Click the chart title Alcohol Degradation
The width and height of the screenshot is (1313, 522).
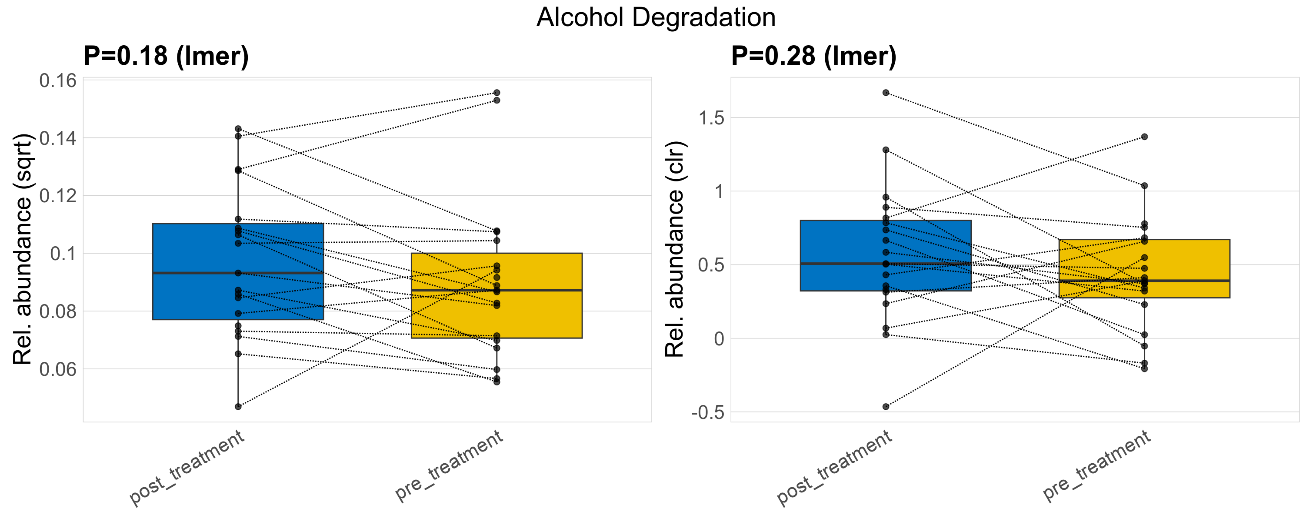coord(656,17)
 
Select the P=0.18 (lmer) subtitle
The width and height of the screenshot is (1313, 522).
coord(166,56)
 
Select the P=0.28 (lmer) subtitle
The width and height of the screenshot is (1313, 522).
coord(813,56)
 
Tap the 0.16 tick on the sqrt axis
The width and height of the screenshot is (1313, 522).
coord(57,80)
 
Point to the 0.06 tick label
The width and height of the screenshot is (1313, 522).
coord(57,369)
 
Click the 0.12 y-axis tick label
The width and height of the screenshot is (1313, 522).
coord(57,196)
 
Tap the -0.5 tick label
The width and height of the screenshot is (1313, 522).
coord(707,412)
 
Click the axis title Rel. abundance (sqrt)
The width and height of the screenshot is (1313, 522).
coord(23,249)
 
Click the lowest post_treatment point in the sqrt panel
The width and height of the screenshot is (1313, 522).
coord(238,406)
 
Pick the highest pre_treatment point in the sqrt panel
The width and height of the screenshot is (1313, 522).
coord(497,93)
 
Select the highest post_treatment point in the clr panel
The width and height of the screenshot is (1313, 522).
coord(886,93)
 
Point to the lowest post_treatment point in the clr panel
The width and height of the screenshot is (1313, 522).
coord(886,406)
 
